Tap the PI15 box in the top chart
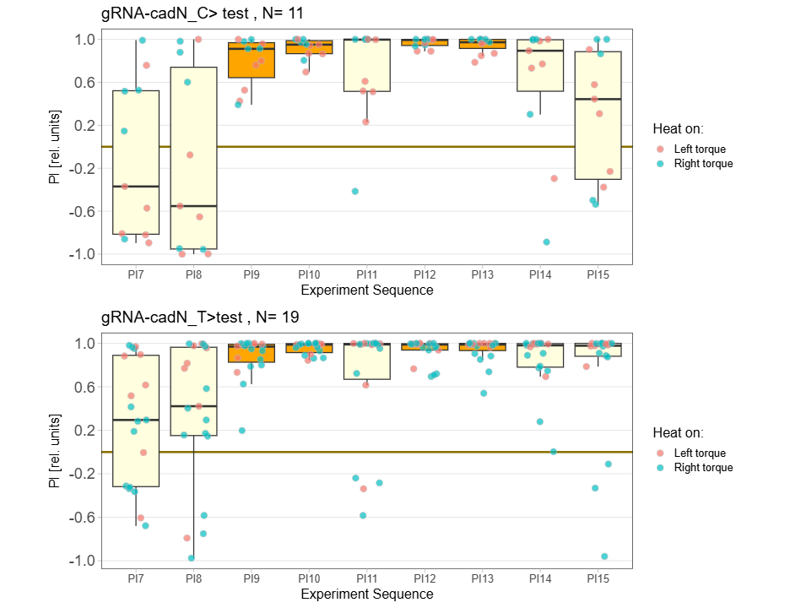point(598,115)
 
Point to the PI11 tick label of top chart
point(366,274)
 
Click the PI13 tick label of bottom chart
point(482,579)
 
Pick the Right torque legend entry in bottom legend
point(703,468)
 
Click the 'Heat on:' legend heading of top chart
point(678,128)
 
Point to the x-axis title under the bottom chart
point(366,594)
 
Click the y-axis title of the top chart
point(56,147)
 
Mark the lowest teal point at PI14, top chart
point(546,242)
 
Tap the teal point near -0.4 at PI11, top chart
point(355,192)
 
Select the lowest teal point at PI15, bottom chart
point(604,556)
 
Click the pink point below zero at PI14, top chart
point(554,178)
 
